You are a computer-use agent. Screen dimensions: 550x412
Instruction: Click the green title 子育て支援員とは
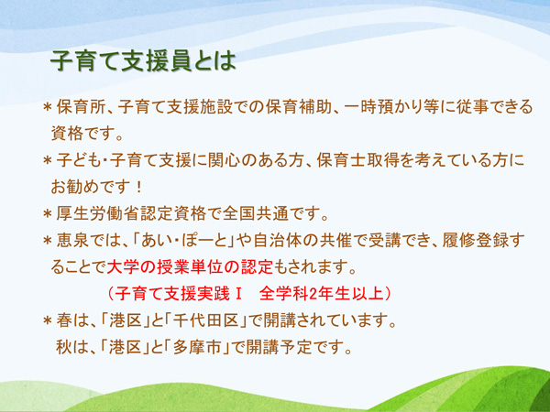(143, 61)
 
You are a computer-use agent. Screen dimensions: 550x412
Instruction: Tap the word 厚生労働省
(99, 213)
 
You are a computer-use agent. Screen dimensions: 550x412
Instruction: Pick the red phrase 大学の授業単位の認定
(190, 267)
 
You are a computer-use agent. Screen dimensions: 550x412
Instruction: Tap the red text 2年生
(329, 294)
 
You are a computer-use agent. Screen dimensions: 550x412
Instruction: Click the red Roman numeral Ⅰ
(238, 294)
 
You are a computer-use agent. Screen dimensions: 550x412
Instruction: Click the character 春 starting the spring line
(65, 320)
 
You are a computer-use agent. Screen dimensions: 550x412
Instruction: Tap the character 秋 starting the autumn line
(64, 347)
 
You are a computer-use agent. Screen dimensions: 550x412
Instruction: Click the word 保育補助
(299, 107)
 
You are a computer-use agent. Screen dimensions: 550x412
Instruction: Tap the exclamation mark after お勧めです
(139, 188)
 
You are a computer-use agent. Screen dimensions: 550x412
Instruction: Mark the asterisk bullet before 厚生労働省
(48, 214)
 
